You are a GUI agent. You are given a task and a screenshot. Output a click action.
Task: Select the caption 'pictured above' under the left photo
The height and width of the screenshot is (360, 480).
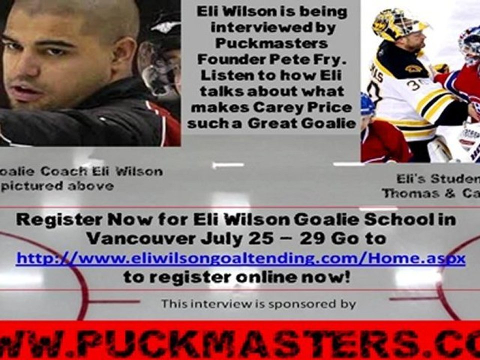[57, 186]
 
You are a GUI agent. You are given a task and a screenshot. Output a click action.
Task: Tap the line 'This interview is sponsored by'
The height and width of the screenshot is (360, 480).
[258, 303]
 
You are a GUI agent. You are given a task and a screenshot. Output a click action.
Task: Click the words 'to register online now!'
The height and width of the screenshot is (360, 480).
[236, 277]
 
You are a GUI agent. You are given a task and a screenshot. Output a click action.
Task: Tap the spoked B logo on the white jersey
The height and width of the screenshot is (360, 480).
[413, 68]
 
